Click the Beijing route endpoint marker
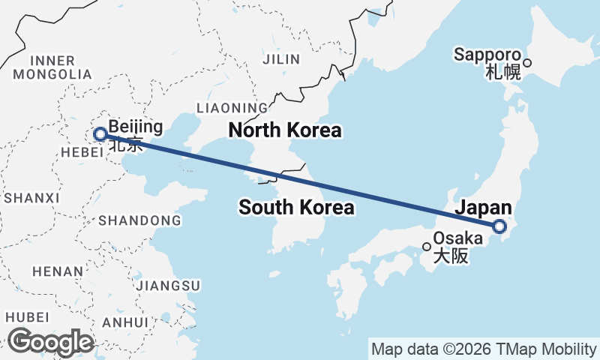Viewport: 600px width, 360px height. coord(100,135)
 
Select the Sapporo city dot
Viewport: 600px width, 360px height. coord(527,63)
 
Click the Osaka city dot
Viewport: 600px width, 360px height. coord(427,246)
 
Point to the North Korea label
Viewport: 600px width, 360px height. coord(285,130)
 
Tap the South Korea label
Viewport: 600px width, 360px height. coord(296,208)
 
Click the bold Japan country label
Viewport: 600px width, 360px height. coord(484,208)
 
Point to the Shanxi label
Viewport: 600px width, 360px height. coord(31,198)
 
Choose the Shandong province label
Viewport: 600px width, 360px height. coord(139,220)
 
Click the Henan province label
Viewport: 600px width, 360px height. coord(57,271)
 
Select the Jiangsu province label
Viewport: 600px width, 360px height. coord(169,286)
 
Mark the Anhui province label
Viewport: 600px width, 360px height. coord(125,322)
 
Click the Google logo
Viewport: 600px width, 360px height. coord(51,342)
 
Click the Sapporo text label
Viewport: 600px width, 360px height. coord(487,55)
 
